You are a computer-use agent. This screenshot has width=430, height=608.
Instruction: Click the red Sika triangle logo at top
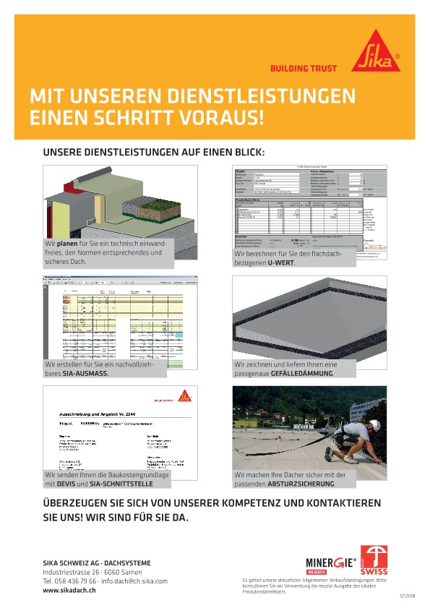click(x=376, y=52)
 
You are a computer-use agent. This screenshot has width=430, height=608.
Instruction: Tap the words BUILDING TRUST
click(x=304, y=69)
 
